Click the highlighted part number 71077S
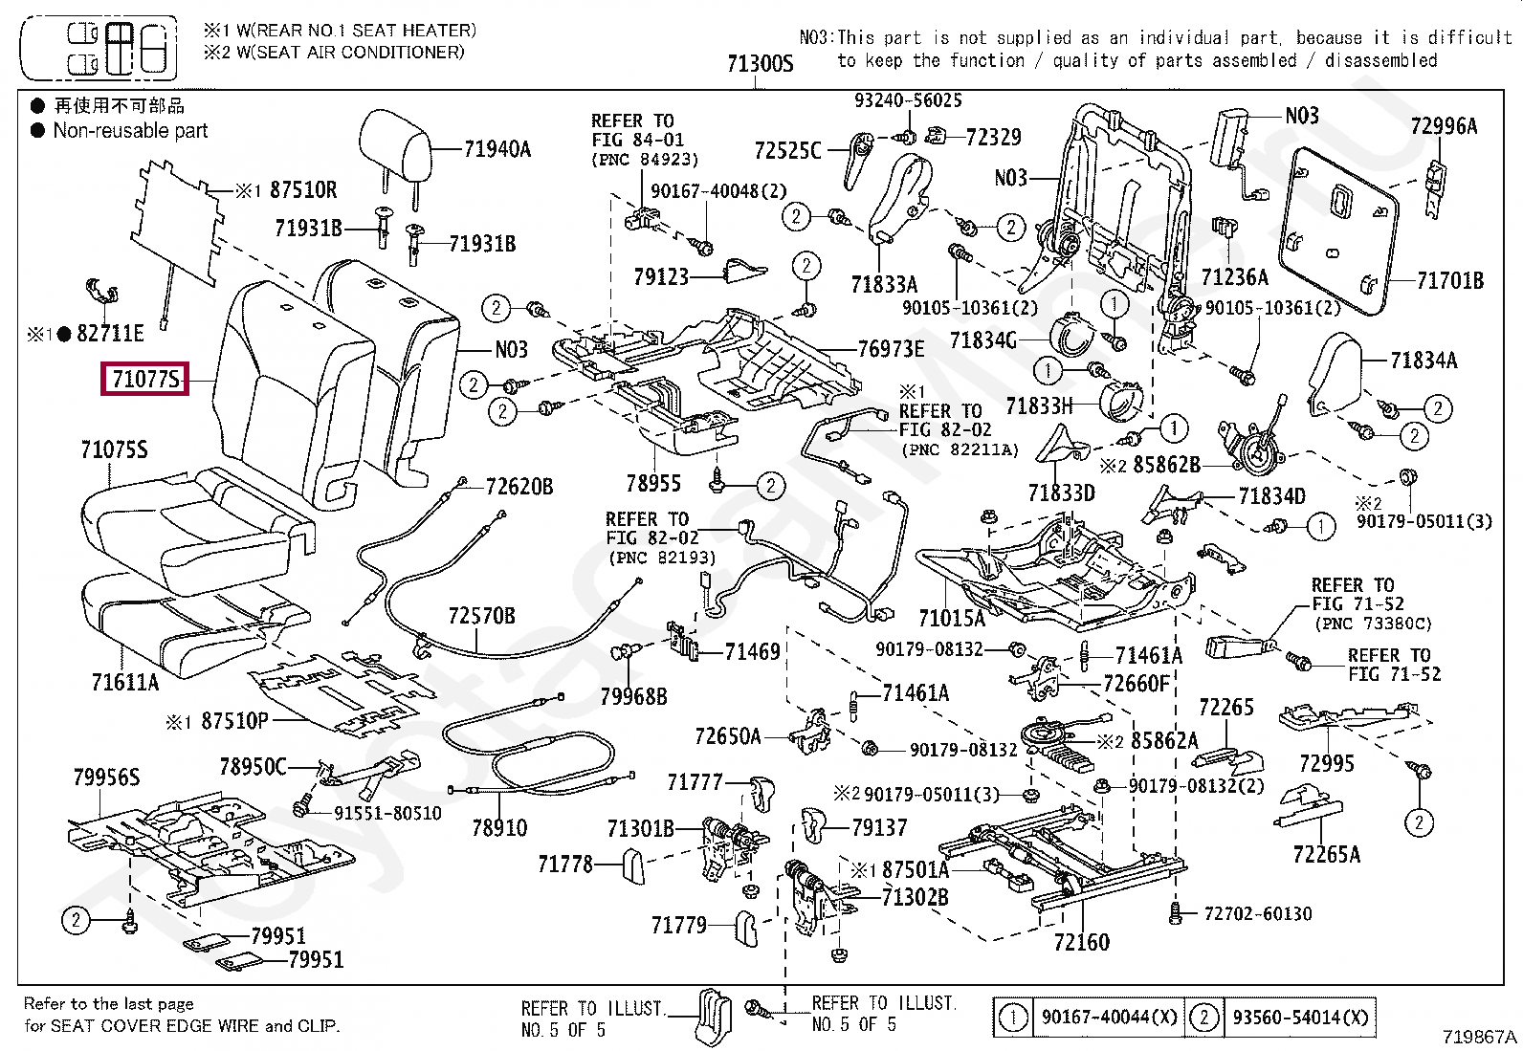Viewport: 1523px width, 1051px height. click(145, 379)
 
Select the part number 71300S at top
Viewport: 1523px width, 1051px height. click(761, 64)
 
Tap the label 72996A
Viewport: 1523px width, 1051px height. click(1444, 125)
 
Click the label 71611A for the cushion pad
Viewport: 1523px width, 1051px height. click(125, 682)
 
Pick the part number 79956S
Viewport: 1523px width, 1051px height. click(106, 777)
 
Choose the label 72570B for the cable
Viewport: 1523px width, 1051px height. click(481, 616)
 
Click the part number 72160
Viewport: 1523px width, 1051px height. click(1081, 942)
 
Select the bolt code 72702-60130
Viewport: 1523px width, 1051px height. click(1257, 914)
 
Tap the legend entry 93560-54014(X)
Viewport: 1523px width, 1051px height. click(1299, 1018)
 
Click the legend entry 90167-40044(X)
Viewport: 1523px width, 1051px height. click(1109, 1018)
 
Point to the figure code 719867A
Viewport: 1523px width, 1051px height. click(1480, 1037)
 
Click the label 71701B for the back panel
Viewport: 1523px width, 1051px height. click(1449, 281)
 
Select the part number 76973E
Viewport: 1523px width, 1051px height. click(891, 349)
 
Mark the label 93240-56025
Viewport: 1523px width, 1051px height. click(908, 100)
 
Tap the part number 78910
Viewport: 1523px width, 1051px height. click(499, 827)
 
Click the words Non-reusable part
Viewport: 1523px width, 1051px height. click(130, 131)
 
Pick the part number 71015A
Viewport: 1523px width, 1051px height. click(951, 618)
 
